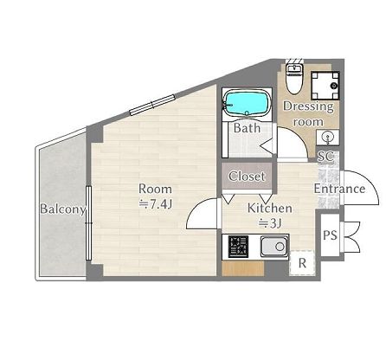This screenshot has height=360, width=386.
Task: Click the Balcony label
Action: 63,209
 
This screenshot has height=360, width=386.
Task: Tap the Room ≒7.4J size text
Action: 156,204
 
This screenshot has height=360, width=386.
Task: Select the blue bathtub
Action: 247,103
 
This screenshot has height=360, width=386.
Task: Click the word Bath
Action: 247,128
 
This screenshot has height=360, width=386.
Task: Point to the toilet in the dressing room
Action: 293,78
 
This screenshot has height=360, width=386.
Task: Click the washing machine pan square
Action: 325,86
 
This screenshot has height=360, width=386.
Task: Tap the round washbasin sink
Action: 328,137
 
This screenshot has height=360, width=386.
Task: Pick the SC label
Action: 325,157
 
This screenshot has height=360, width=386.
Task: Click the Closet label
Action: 247,176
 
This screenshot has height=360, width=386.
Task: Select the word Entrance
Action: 339,189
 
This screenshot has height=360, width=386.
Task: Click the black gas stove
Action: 239,247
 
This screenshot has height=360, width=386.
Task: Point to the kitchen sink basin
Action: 274,246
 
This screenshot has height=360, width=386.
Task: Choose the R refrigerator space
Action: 302,262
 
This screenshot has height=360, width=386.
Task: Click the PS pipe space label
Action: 330,235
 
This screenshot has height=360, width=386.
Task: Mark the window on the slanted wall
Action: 152,105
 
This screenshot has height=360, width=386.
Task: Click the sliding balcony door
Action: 88,223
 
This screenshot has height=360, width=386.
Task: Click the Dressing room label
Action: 308,113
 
